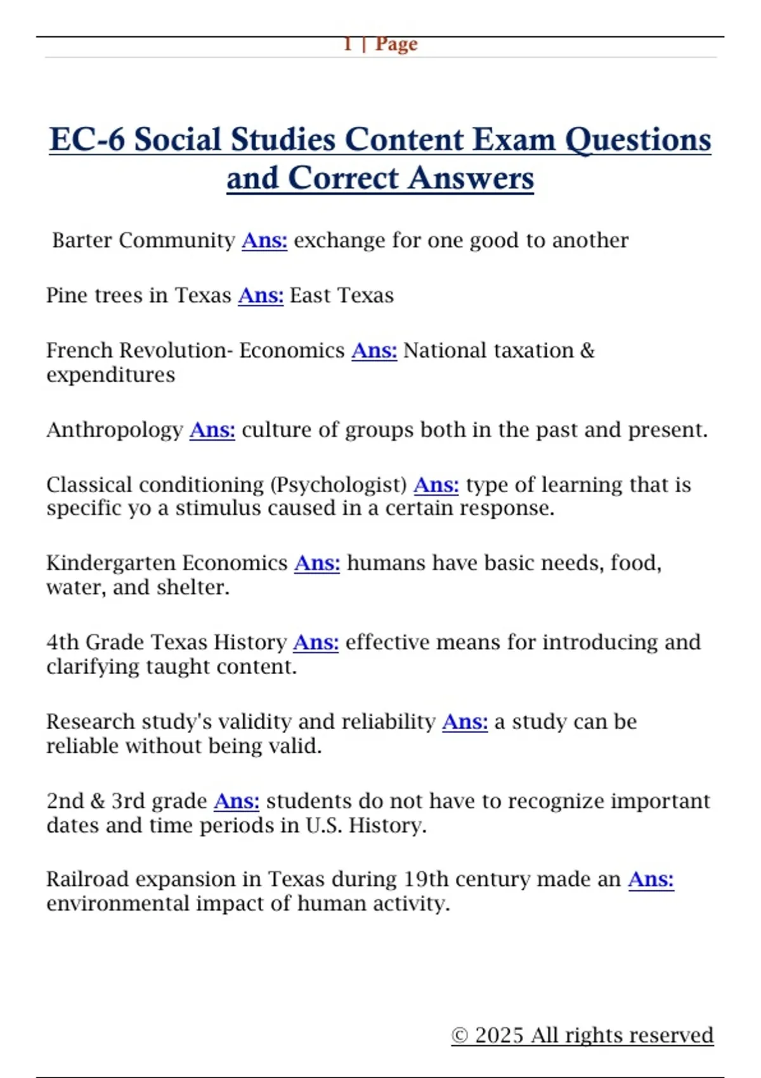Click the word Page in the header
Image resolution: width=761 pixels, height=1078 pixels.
pyautogui.click(x=396, y=44)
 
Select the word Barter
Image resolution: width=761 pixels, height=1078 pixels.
pyautogui.click(x=82, y=240)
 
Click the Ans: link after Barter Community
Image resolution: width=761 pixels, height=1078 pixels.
pyautogui.click(x=264, y=240)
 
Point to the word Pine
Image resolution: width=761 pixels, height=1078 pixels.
pyautogui.click(x=66, y=295)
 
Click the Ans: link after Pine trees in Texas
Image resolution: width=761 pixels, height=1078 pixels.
pyautogui.click(x=261, y=295)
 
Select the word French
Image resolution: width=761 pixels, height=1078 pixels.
pyautogui.click(x=79, y=351)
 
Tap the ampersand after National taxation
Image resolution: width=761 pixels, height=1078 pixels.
pyautogui.click(x=587, y=351)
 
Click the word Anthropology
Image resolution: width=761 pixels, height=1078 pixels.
pyautogui.click(x=115, y=430)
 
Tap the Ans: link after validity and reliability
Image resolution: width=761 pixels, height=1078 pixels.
pyautogui.click(x=465, y=722)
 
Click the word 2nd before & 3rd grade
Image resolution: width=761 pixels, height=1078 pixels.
pyautogui.click(x=64, y=801)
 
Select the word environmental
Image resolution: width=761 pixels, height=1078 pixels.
pyautogui.click(x=118, y=904)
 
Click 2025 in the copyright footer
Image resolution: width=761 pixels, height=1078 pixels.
pyautogui.click(x=500, y=1036)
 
